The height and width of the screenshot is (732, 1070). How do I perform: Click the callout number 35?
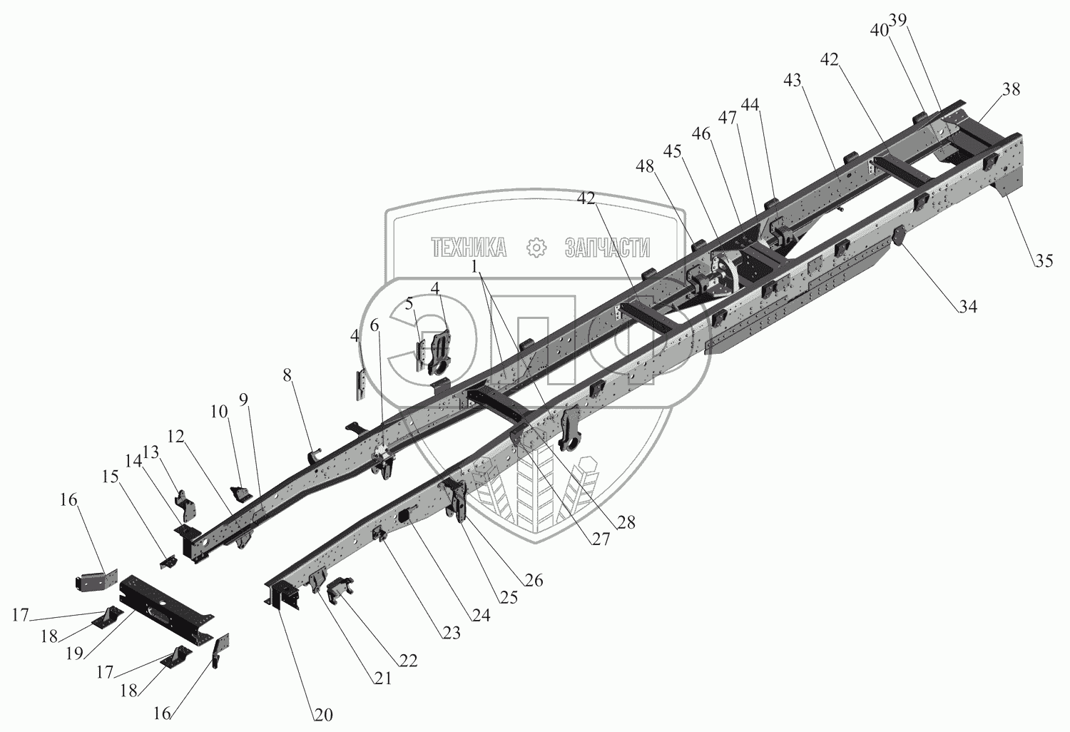(x=1044, y=261)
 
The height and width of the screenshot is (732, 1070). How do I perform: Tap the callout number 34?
(x=967, y=307)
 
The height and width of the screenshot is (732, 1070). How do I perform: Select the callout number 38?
(x=1011, y=89)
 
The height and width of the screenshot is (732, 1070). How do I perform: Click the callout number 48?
(x=645, y=166)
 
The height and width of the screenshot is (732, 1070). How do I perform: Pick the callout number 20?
(x=322, y=714)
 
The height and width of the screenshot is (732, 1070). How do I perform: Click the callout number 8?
(x=287, y=376)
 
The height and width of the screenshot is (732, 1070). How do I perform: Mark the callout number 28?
(x=626, y=522)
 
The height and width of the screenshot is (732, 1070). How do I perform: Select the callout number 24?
(x=481, y=614)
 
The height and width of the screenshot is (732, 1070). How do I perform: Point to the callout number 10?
(x=219, y=412)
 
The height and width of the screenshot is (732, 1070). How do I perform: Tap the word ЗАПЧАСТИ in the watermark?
(x=607, y=248)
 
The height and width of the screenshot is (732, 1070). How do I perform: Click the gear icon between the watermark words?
(x=535, y=248)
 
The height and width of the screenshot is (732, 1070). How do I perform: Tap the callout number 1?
(x=475, y=266)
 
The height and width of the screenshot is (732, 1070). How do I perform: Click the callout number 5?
(x=409, y=303)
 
